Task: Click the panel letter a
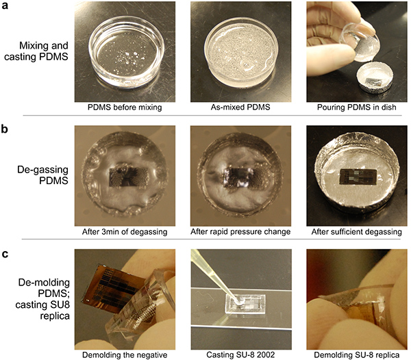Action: coord(5,5)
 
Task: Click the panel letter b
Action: coord(5,129)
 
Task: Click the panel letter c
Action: coord(5,254)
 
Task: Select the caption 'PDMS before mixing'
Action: coord(125,107)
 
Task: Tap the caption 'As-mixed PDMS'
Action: coord(240,107)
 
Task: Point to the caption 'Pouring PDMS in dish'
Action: coord(356,107)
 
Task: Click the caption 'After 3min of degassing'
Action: coord(125,232)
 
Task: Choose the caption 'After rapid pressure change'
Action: coord(240,232)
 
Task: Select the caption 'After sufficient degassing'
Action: coord(356,232)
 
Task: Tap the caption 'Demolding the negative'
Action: coord(125,355)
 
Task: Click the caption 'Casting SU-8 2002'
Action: coord(240,355)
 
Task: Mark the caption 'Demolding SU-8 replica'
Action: coord(356,355)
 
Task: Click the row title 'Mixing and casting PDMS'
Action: coord(36,51)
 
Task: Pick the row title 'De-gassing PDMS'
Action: coord(42,175)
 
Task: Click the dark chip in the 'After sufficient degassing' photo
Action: coord(358,176)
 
